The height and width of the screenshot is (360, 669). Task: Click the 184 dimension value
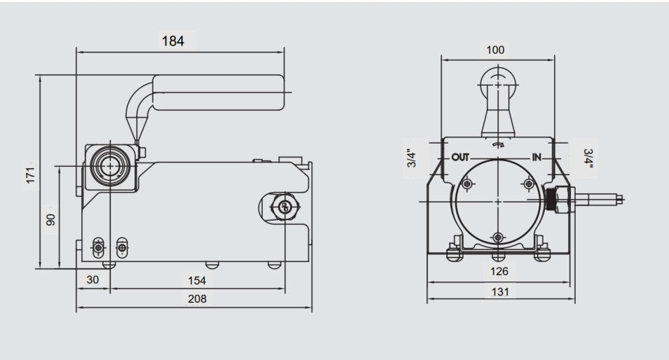pyautogui.click(x=173, y=41)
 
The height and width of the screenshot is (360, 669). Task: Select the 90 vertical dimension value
pyautogui.click(x=50, y=219)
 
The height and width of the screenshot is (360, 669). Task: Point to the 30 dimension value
pyautogui.click(x=92, y=280)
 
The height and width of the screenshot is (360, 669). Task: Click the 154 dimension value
pyautogui.click(x=197, y=280)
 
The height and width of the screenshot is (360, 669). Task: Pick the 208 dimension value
pyautogui.click(x=197, y=299)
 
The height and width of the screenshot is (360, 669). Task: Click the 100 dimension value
pyautogui.click(x=495, y=50)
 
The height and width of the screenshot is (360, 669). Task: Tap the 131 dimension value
pyautogui.click(x=499, y=291)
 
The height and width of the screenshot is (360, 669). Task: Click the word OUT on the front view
pyautogui.click(x=460, y=157)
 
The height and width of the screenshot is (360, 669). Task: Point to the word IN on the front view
pyautogui.click(x=537, y=157)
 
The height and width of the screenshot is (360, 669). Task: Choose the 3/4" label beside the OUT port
pyautogui.click(x=413, y=158)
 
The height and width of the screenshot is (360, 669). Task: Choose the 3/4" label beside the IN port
pyautogui.click(x=588, y=158)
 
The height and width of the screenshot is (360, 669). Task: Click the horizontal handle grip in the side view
pyautogui.click(x=218, y=92)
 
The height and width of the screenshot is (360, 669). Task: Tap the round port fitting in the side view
pyautogui.click(x=109, y=165)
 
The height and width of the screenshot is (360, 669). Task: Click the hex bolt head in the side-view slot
pyautogui.click(x=284, y=206)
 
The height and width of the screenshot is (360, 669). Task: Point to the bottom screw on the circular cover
pyautogui.click(x=497, y=237)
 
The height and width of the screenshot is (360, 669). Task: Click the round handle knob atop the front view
pyautogui.click(x=497, y=85)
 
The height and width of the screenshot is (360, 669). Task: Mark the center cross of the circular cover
pyautogui.click(x=497, y=201)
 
